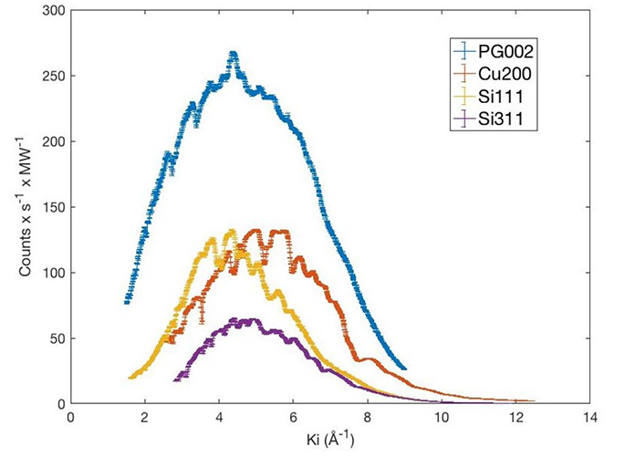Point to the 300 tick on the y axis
tap(55, 11)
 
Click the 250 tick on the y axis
tap(55, 77)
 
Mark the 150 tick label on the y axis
tap(55, 208)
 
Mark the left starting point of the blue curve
tap(127, 301)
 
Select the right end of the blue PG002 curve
tap(404, 368)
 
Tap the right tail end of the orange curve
tap(534, 400)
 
